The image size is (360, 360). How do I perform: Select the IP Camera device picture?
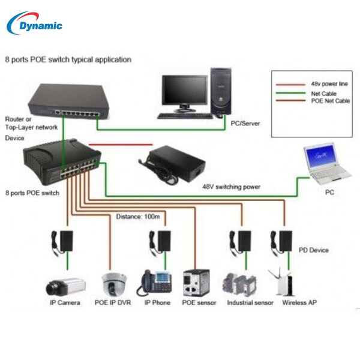65,284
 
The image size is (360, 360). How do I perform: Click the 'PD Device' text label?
313,250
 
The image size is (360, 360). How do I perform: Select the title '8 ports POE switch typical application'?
68,60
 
